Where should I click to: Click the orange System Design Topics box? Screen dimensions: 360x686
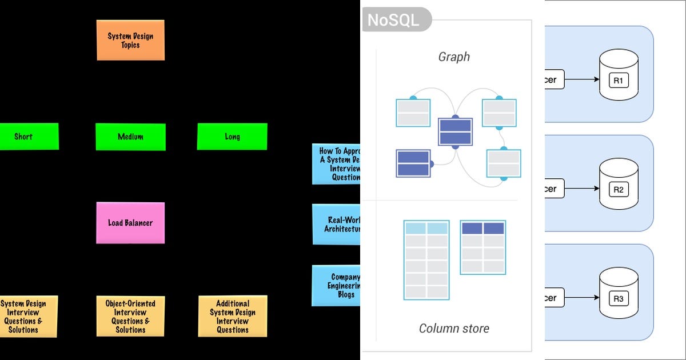(130, 40)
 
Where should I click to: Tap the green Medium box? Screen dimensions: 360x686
(130, 137)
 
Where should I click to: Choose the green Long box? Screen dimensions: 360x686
(232, 137)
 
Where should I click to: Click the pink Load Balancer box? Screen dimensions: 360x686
(130, 223)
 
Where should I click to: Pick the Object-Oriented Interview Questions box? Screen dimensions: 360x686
(130, 315)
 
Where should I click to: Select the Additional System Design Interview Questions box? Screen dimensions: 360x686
(233, 316)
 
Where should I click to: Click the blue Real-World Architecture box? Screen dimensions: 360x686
(337, 225)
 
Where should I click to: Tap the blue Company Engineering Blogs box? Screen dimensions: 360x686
(337, 286)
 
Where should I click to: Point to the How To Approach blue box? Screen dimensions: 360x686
(337, 165)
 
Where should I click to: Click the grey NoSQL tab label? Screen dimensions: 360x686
(393, 20)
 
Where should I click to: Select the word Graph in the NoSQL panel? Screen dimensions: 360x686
(454, 57)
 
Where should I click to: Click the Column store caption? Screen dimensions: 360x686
(454, 328)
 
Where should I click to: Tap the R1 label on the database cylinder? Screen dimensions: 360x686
(618, 81)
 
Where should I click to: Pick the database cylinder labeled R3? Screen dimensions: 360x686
(618, 294)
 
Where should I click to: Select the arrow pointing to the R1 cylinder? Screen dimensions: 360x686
(581, 79)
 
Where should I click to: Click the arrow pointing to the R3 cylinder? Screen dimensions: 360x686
(581, 298)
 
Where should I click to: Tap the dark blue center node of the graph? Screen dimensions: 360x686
(455, 132)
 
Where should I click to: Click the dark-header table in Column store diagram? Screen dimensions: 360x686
(483, 247)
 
